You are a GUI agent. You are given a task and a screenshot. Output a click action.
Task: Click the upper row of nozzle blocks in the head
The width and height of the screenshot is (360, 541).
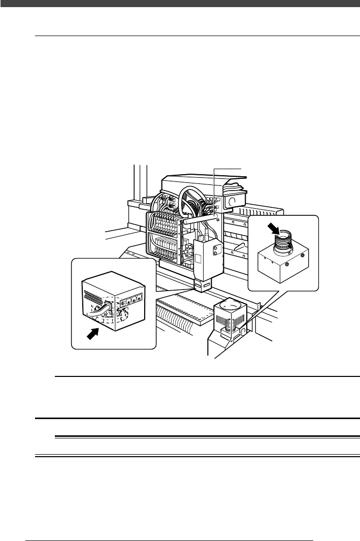164,224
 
